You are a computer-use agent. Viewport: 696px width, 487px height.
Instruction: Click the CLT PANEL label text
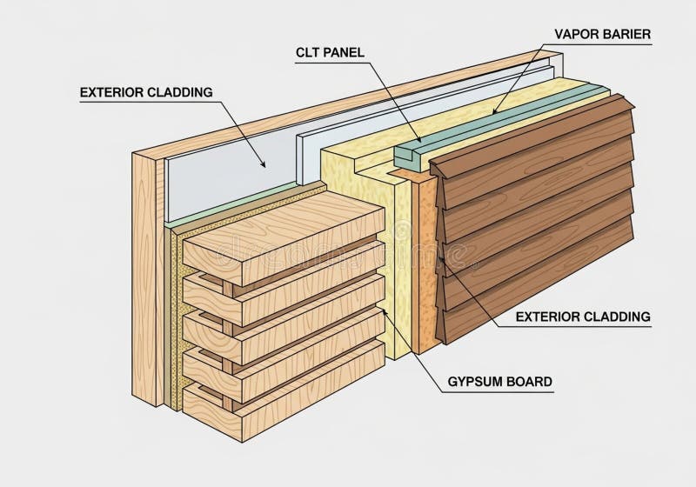[x=330, y=52]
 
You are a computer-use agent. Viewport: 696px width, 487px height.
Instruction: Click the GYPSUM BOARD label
[x=499, y=382]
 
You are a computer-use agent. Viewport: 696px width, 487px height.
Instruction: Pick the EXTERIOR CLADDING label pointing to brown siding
[x=583, y=317]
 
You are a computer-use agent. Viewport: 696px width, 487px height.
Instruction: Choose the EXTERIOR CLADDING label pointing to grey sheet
[x=146, y=92]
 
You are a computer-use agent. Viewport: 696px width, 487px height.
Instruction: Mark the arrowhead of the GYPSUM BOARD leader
[x=385, y=311]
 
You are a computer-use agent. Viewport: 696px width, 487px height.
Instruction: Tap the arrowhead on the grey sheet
[x=264, y=164]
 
